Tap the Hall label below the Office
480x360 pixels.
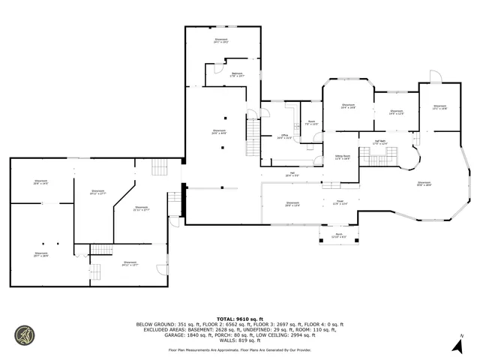point(290,175)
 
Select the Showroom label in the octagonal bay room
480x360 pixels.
point(348,106)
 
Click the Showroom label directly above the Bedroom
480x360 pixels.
point(221,40)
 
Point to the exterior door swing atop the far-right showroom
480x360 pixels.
point(433,76)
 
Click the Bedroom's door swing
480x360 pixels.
point(218,69)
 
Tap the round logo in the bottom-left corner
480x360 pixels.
point(25,335)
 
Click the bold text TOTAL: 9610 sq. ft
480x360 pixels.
point(239,319)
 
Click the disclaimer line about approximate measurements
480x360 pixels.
point(239,349)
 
